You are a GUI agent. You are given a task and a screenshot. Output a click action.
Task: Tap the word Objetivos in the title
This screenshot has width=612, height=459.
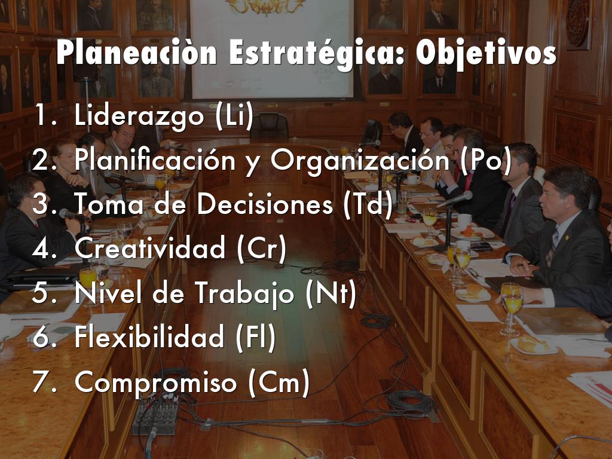[x=486, y=54]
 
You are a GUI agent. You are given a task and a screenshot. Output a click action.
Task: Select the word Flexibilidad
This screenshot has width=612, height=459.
[x=151, y=338]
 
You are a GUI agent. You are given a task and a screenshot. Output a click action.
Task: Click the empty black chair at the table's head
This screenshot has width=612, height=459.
[x=269, y=127]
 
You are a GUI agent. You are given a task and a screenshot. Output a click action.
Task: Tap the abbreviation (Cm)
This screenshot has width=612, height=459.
[x=278, y=383]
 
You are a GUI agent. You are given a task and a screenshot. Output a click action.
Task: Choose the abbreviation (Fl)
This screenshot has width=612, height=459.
[x=253, y=338]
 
